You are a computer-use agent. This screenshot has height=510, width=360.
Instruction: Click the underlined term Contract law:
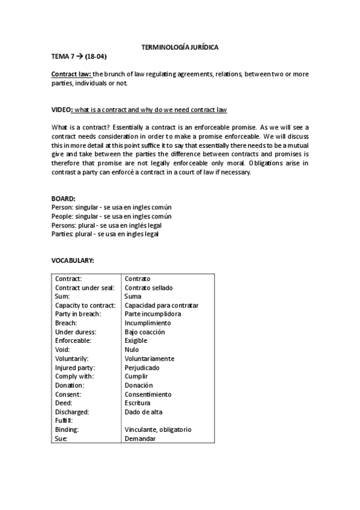coord(72,74)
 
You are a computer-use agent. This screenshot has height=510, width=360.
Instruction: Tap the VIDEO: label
coord(63,110)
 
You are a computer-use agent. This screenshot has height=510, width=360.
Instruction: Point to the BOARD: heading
coord(64,198)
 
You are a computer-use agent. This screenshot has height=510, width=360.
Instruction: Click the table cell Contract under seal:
coord(85,287)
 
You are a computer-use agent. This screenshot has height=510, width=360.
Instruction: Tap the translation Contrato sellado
coord(148,287)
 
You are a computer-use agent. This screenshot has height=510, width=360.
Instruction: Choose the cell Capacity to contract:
coord(85,305)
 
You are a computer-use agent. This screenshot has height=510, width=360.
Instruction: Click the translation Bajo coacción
coord(144,332)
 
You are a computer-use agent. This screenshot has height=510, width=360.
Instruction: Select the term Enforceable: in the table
coord(73,340)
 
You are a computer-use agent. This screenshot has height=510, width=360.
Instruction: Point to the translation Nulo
coord(132,349)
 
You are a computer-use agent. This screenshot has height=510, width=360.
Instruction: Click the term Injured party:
coord(75,367)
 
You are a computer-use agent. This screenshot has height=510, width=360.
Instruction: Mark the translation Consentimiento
coord(148,394)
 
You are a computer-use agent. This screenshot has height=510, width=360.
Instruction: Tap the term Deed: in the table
coord(64,403)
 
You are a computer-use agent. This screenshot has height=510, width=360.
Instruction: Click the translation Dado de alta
coord(143,412)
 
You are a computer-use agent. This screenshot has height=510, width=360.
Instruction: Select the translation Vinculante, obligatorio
coord(157,429)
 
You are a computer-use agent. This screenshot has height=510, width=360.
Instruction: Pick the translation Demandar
coord(140,438)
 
